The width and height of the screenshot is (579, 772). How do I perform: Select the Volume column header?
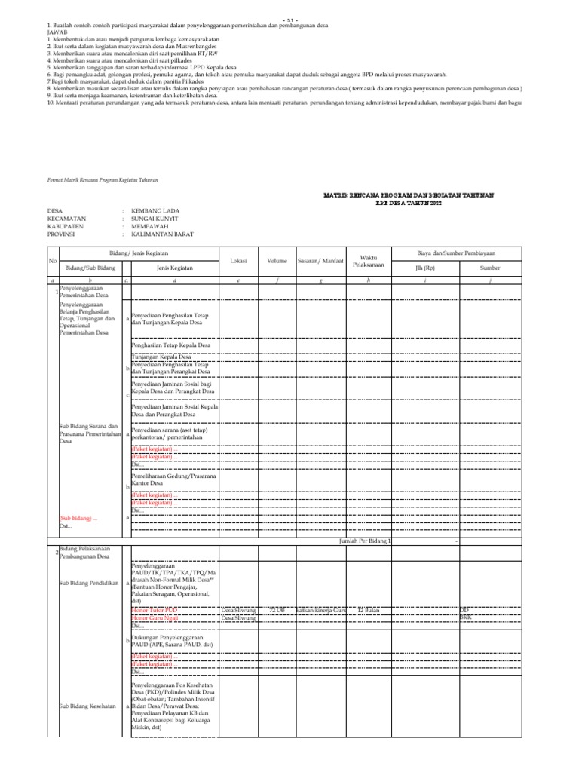277,260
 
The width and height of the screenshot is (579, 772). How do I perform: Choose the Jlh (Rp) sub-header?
425,268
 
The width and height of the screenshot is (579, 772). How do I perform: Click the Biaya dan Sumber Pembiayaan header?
461,253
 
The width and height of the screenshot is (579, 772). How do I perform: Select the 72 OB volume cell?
277,608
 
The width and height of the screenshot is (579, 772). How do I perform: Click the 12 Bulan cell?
369,608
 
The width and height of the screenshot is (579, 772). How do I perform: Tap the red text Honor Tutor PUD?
155,608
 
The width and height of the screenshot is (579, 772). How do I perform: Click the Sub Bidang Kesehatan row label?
84,706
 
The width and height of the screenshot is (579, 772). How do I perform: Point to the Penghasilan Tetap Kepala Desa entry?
170,345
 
